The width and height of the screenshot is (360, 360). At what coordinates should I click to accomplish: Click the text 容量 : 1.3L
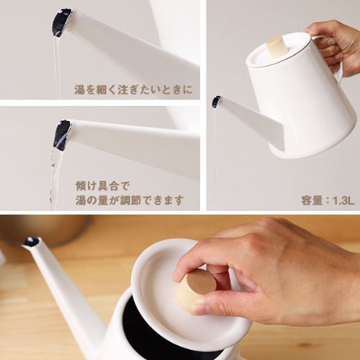[328, 200]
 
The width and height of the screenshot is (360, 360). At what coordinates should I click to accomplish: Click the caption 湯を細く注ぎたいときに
[133, 89]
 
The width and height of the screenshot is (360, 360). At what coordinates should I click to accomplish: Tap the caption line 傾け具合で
[103, 186]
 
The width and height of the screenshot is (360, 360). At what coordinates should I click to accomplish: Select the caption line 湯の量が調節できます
[130, 200]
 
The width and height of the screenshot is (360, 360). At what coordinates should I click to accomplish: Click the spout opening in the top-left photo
[61, 23]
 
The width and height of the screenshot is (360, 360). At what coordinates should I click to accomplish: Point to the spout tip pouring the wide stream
[63, 135]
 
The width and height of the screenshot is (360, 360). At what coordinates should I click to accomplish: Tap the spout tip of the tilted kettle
[216, 102]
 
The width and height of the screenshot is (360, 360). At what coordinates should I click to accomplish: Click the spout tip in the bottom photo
[32, 240]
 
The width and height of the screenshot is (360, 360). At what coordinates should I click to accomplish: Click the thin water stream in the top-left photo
[57, 67]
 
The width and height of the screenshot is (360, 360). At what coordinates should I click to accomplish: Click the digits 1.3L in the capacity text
[343, 201]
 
